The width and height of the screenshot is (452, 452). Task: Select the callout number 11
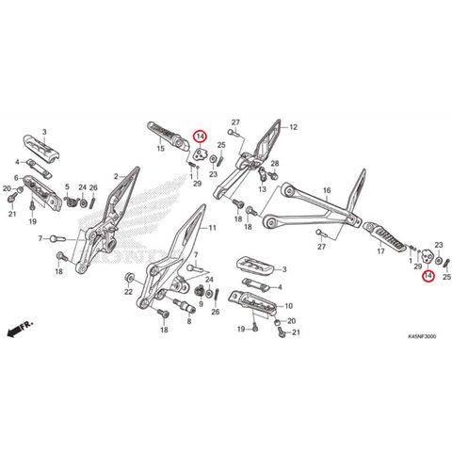pyautogui.click(x=212, y=229)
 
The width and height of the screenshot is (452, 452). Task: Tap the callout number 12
pyautogui.click(x=293, y=126)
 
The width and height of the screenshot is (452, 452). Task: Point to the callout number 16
pyautogui.click(x=327, y=191)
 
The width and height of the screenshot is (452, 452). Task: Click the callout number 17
pyautogui.click(x=381, y=252)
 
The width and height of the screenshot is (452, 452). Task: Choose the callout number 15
pyautogui.click(x=160, y=149)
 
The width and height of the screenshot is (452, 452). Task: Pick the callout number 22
pyautogui.click(x=128, y=293)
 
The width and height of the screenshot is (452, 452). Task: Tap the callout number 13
pyautogui.click(x=264, y=188)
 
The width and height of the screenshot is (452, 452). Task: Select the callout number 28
pyautogui.click(x=274, y=165)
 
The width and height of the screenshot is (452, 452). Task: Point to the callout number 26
pyautogui.click(x=93, y=188)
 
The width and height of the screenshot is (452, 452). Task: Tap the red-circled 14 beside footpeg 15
pyautogui.click(x=200, y=137)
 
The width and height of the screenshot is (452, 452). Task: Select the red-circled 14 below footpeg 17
pyautogui.click(x=428, y=276)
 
